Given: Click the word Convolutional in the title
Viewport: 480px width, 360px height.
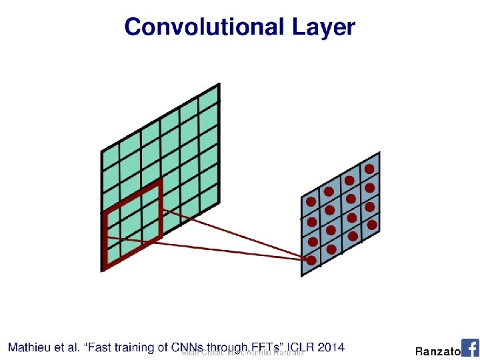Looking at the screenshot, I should pyautogui.click(x=203, y=27).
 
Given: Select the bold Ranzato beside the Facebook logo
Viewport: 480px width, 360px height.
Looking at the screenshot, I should pyautogui.click(x=437, y=351).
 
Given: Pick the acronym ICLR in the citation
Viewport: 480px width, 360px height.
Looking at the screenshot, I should pyautogui.click(x=297, y=347).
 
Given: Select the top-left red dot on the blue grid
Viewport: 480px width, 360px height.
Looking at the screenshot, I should pyautogui.click(x=311, y=201).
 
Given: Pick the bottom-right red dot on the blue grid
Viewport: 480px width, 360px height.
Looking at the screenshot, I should pyautogui.click(x=372, y=225).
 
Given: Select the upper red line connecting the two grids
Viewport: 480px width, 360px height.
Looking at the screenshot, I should pyautogui.click(x=233, y=233).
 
